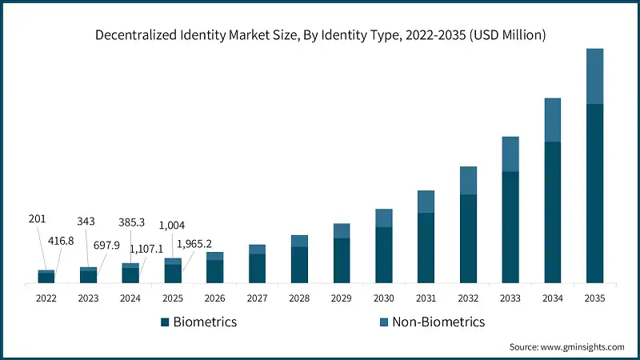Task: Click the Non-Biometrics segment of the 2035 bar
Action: click(x=594, y=76)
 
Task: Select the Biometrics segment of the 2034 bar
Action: click(x=552, y=212)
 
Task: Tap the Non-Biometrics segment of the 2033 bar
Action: click(x=510, y=154)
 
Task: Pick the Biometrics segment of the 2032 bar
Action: click(x=468, y=238)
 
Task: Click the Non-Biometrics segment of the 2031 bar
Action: click(x=426, y=202)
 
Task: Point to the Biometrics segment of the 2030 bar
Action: click(x=383, y=254)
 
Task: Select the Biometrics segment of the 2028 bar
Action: click(x=299, y=265)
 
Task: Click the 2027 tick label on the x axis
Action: click(x=257, y=298)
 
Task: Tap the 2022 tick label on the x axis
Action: click(x=46, y=298)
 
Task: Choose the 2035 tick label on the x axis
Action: click(x=594, y=298)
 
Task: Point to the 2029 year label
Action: click(x=342, y=298)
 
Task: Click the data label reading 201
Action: click(x=38, y=219)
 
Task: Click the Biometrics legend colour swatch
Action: click(x=165, y=322)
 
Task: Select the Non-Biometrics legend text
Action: click(x=438, y=322)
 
